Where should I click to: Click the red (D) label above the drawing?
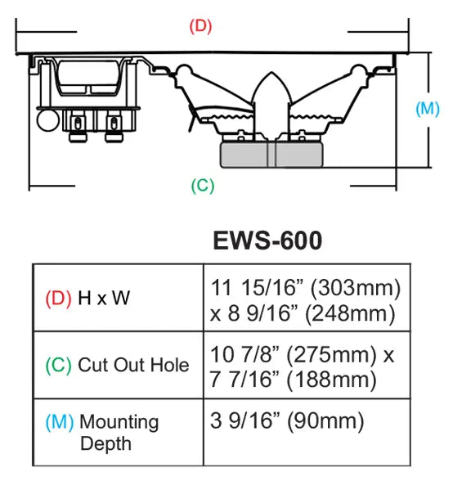pyautogui.click(x=200, y=26)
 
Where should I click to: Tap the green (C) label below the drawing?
pyautogui.click(x=203, y=186)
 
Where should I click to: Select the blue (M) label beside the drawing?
pyautogui.click(x=428, y=109)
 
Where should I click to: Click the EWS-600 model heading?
pyautogui.click(x=267, y=240)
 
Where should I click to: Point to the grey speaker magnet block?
pyautogui.click(x=271, y=155)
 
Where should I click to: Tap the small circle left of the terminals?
pyautogui.click(x=48, y=120)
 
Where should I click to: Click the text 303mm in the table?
pyautogui.click(x=356, y=288)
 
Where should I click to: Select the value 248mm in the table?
pyautogui.click(x=350, y=314)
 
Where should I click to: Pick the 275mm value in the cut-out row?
pyautogui.click(x=331, y=355)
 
